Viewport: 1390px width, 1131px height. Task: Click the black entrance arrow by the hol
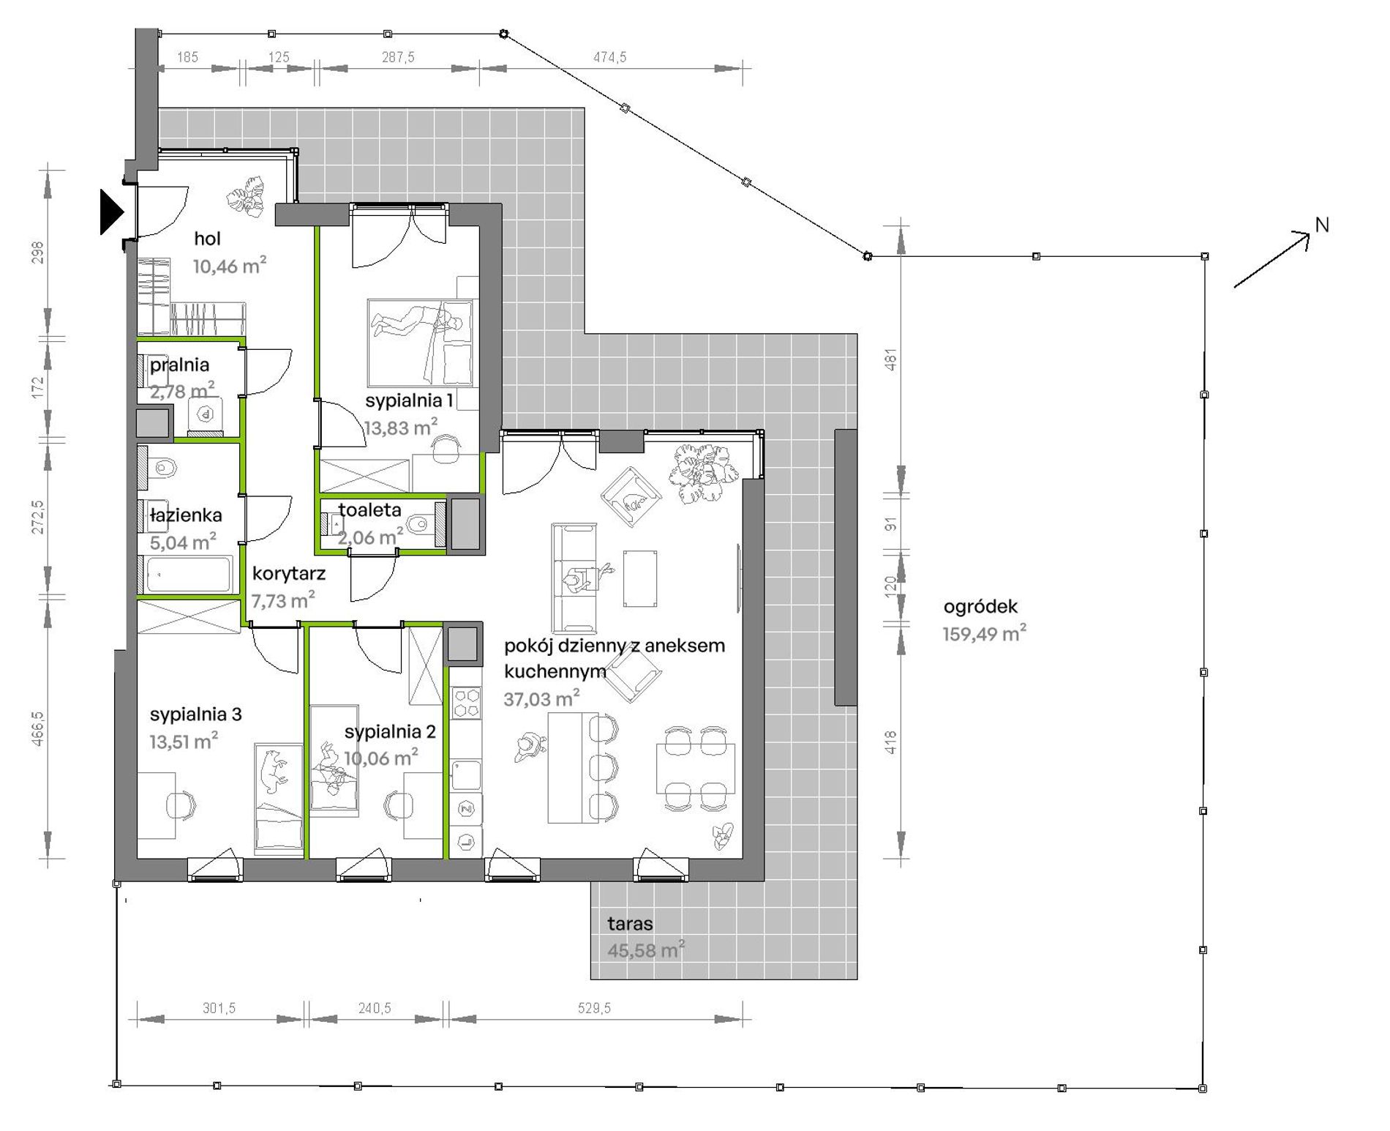pyautogui.click(x=111, y=212)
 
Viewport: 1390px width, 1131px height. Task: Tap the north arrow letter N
pyautogui.click(x=1322, y=225)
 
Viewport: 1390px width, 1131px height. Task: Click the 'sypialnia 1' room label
pyautogui.click(x=410, y=400)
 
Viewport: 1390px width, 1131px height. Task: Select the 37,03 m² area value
pyautogui.click(x=542, y=698)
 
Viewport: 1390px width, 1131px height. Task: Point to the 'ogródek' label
pyautogui.click(x=980, y=606)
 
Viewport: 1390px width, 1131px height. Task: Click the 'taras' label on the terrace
pyautogui.click(x=630, y=924)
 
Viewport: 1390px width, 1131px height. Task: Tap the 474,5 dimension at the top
pyautogui.click(x=609, y=57)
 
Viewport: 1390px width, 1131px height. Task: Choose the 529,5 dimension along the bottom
pyautogui.click(x=594, y=1008)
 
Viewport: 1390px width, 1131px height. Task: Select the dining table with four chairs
pyautogui.click(x=695, y=768)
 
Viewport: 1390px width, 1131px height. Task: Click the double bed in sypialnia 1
pyautogui.click(x=421, y=342)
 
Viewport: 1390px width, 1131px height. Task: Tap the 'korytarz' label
pyautogui.click(x=288, y=573)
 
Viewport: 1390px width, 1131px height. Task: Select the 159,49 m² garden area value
pyautogui.click(x=985, y=633)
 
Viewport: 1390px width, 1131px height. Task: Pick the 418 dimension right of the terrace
pyautogui.click(x=890, y=743)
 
